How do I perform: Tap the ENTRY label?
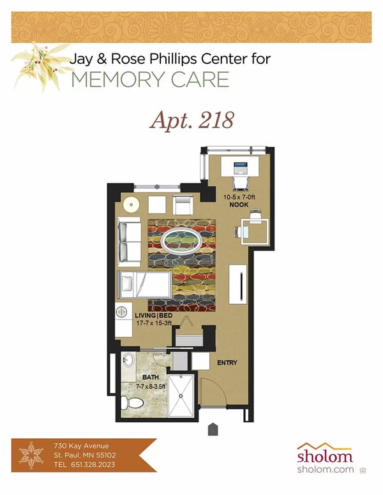[227, 363]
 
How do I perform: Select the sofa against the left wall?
[130, 242]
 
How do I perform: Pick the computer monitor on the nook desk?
[240, 169]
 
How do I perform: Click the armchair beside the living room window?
[182, 205]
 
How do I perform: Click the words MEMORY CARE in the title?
[150, 80]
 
